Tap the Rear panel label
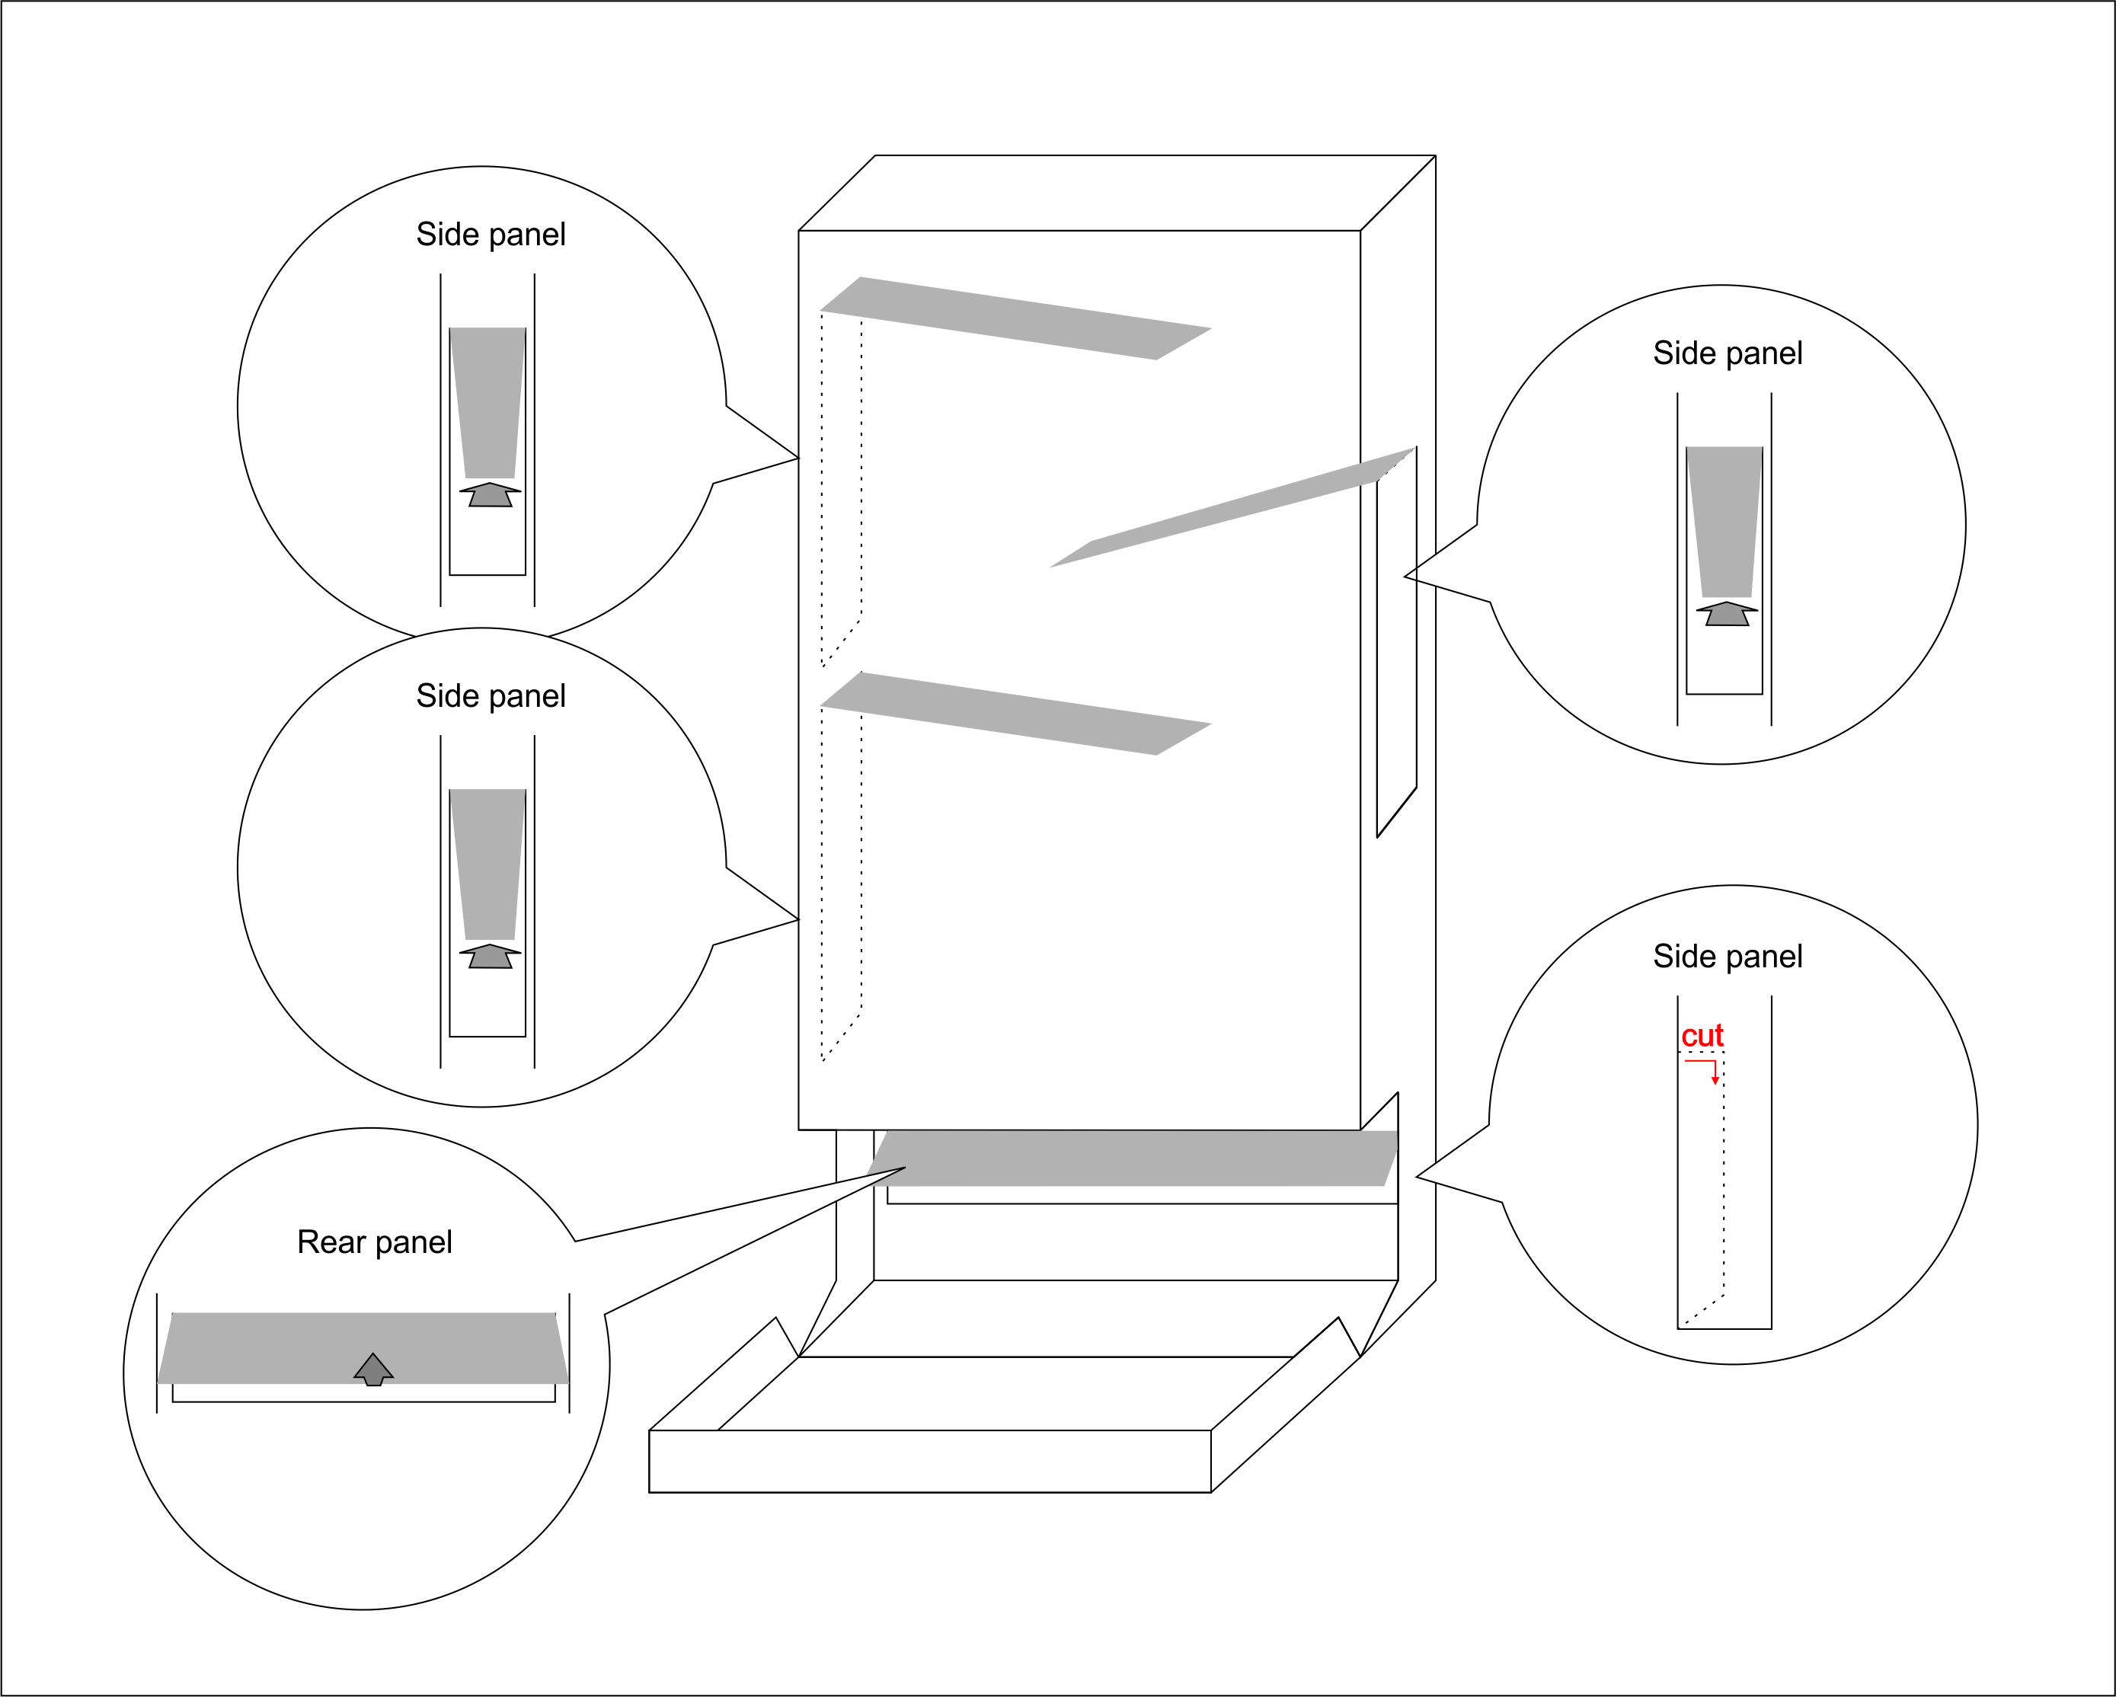pos(374,1242)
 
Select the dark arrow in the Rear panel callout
pos(373,1369)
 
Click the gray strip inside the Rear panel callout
pos(363,1349)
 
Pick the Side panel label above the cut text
pos(1728,957)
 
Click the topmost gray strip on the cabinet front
pos(1016,318)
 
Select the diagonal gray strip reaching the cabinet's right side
pos(1232,507)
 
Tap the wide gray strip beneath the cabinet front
pos(1132,1158)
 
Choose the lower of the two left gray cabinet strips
pos(1016,714)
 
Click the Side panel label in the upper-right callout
pos(1728,353)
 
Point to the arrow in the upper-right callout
pos(1726,615)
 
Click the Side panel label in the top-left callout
pos(491,235)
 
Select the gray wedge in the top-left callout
pos(487,402)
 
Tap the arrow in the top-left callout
pos(490,494)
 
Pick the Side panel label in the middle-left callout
pos(491,696)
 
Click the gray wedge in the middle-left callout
pos(487,864)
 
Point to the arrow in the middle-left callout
pos(490,957)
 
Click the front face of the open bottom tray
pos(929,1462)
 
